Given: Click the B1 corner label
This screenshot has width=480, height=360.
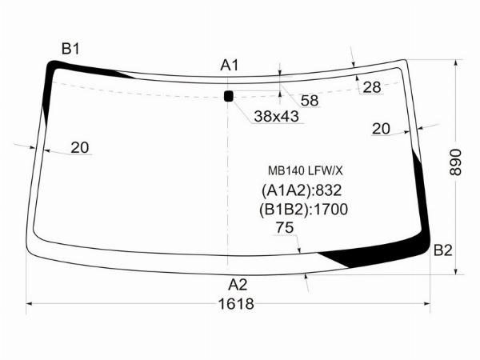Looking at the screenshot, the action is coord(70,49).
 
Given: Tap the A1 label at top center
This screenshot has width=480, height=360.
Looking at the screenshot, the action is coord(230,66).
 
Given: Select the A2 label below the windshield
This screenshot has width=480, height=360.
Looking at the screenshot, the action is coord(238,285).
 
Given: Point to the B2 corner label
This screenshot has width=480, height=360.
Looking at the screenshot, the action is coord(442,250).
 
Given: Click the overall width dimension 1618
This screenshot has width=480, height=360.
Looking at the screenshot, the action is coord(236,304).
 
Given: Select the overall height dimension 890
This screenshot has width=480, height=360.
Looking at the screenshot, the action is coord(455,162).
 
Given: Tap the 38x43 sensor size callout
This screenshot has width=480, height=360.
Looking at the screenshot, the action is coord(276,116).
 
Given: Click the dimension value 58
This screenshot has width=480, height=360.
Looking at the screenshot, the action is coord(310,101).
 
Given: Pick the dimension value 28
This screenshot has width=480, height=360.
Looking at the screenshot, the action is coord(372,87).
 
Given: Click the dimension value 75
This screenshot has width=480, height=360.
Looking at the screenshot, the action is coord(285,227).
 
